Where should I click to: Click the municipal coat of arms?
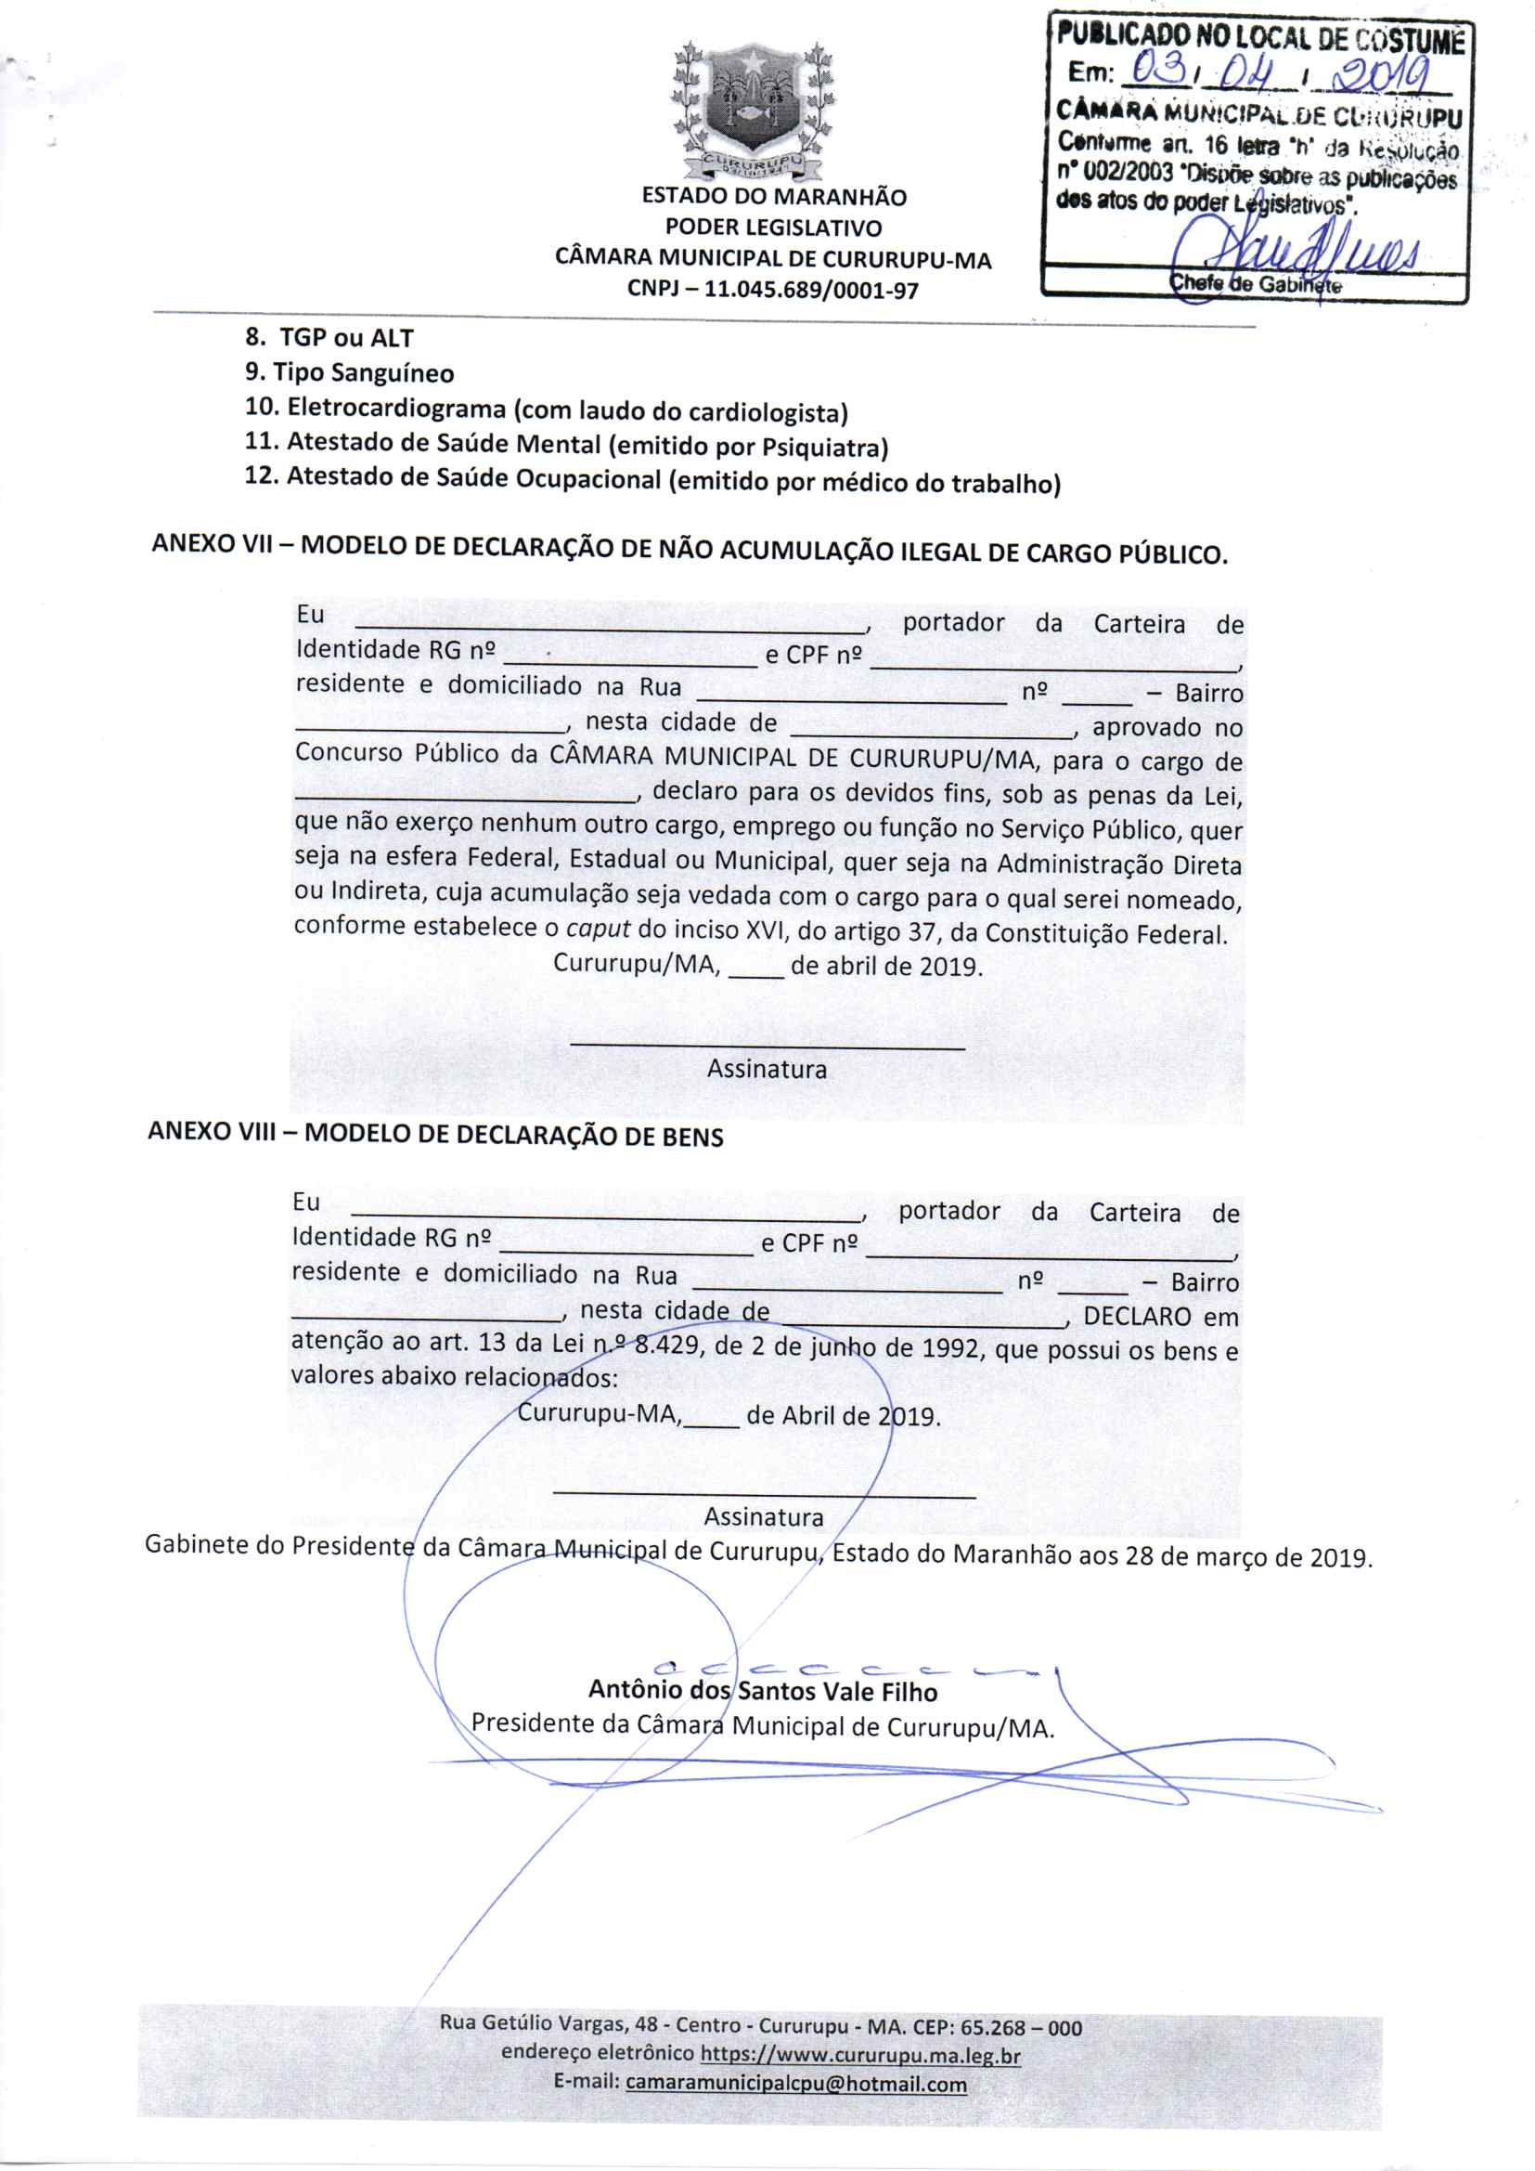click(x=754, y=110)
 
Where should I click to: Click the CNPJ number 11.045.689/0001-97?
click(x=811, y=291)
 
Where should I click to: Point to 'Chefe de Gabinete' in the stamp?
click(x=1256, y=283)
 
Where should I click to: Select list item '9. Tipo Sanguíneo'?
click(x=349, y=373)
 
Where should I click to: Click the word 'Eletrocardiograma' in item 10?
click(x=396, y=409)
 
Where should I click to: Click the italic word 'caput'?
click(x=598, y=929)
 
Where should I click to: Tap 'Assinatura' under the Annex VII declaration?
click(x=767, y=1070)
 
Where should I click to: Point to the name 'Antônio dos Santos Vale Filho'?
click(x=763, y=1691)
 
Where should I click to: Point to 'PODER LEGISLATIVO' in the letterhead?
click(x=773, y=227)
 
